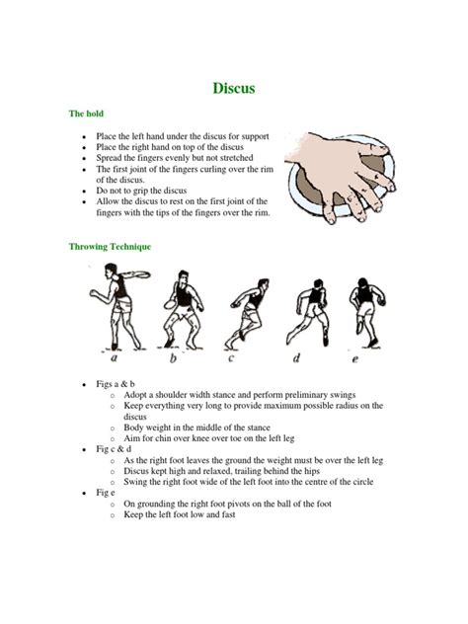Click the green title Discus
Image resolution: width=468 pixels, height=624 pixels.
[x=234, y=89]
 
